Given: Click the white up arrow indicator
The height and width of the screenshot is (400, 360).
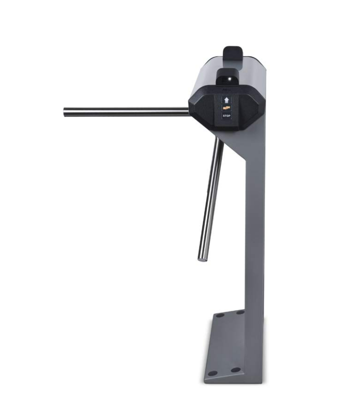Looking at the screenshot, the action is pyautogui.click(x=226, y=100).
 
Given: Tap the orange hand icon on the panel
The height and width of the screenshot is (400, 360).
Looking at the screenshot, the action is pyautogui.click(x=226, y=108).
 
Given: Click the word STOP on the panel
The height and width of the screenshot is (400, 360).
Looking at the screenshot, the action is pyautogui.click(x=226, y=116).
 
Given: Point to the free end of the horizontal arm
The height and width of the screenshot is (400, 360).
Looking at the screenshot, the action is pyautogui.click(x=64, y=112).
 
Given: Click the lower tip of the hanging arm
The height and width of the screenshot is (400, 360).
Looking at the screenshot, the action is pyautogui.click(x=202, y=259).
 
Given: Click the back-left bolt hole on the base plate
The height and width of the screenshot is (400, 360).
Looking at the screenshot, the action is pyautogui.click(x=220, y=315).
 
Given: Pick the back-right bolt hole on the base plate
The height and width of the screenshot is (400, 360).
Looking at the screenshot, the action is pyautogui.click(x=240, y=312).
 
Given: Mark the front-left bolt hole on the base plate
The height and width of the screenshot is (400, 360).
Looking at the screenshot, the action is pyautogui.click(x=212, y=373).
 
